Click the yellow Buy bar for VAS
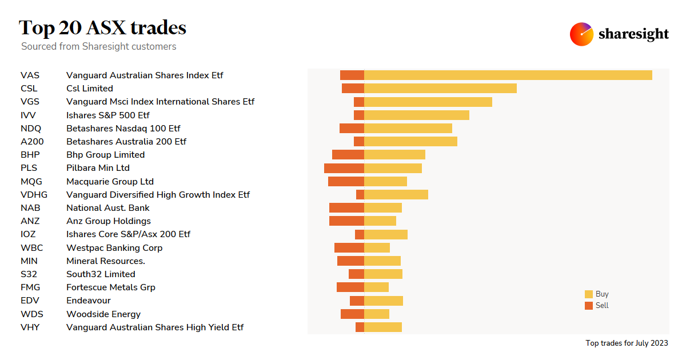[508, 75]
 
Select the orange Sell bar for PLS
[344, 168]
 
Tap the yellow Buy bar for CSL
[440, 89]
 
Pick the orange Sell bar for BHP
[348, 155]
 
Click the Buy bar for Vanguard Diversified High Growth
[396, 195]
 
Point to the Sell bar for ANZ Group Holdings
[346, 221]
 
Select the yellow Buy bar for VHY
[383, 327]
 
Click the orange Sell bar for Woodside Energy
[352, 314]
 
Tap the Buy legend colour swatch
[589, 294]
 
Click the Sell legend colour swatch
[589, 306]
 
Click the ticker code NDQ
[31, 129]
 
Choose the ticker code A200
[32, 142]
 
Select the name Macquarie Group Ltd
[110, 182]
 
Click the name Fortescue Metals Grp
[111, 287]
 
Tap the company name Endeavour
[89, 301]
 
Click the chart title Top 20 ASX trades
[102, 27]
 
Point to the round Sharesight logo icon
[581, 34]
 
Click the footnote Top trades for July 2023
[627, 343]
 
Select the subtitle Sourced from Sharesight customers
[99, 47]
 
